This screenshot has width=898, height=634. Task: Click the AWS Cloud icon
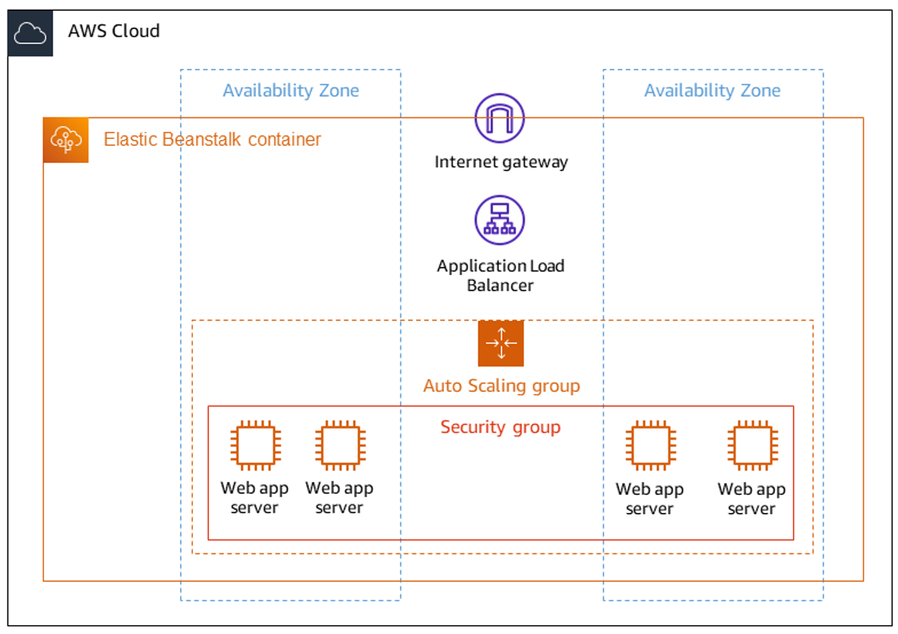pos(30,33)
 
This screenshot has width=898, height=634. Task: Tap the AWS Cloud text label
pos(114,31)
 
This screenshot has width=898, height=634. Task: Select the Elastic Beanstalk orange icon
pos(66,140)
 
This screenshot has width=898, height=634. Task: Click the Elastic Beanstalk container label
pos(212,139)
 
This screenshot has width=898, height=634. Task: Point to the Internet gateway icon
pos(500,118)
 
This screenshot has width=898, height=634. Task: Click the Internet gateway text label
pos(501,162)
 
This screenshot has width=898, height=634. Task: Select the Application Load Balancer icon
pos(500,220)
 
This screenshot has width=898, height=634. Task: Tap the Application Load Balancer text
pos(501,276)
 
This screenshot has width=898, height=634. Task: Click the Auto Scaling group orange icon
pos(501,343)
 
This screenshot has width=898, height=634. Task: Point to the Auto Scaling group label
pos(501,386)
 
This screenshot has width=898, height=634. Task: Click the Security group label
pos(501,428)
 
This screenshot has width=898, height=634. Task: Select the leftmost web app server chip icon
pos(255,446)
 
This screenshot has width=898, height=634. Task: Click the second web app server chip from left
pos(340,446)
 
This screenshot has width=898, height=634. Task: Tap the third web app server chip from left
pos(650,446)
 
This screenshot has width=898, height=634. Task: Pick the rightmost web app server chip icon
pos(753,446)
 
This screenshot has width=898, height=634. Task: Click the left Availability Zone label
pos(291,90)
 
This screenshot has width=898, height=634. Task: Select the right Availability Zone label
pos(712,90)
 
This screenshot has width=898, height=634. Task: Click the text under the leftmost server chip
pos(254,497)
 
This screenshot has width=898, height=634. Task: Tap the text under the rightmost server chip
pos(751,499)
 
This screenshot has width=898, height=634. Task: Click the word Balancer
pos(500,286)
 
